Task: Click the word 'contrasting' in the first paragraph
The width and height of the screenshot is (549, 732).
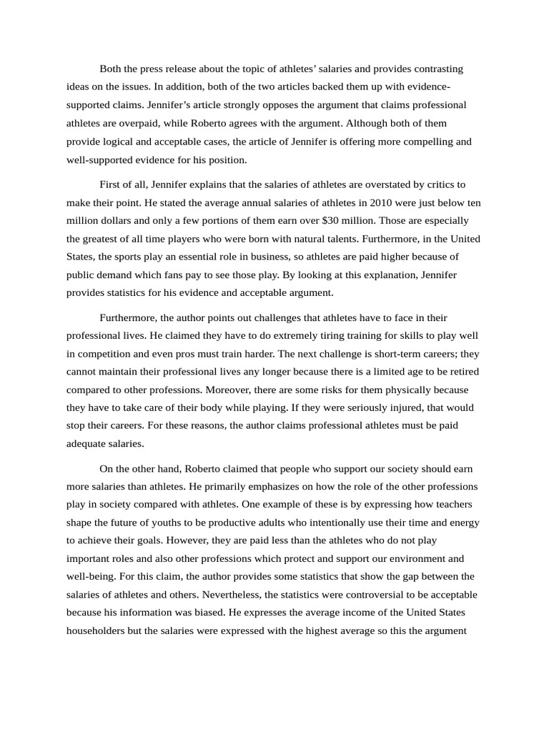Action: pos(436,69)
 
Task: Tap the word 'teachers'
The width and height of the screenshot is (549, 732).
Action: pos(451,505)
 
